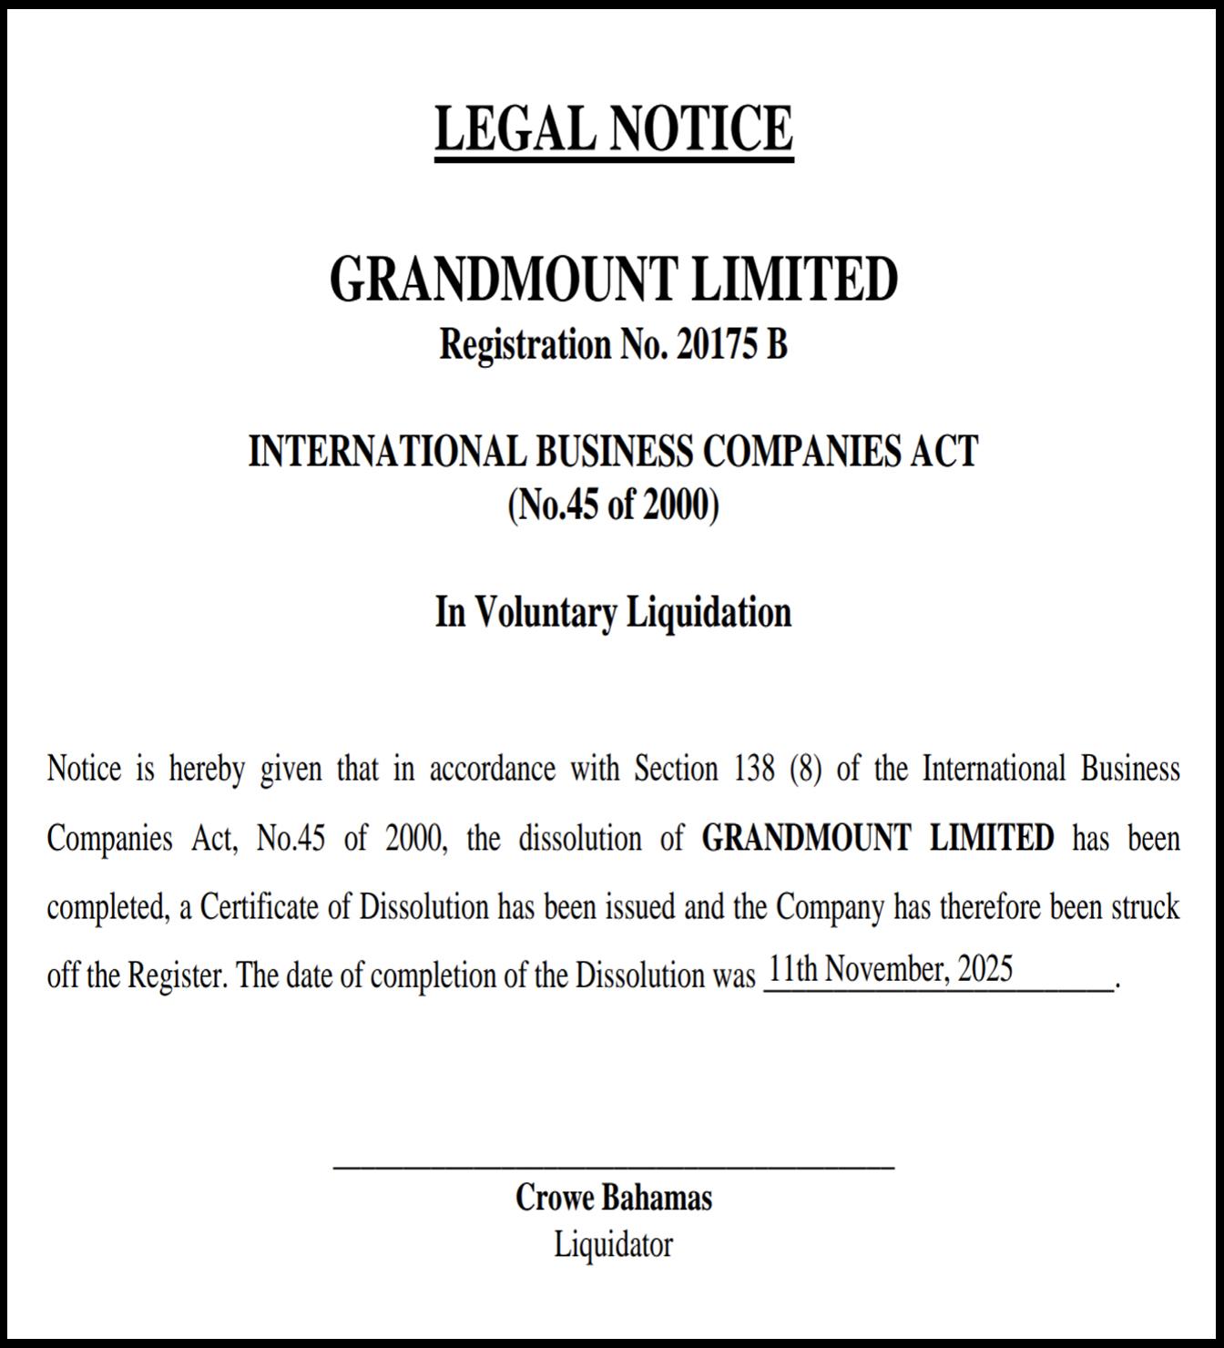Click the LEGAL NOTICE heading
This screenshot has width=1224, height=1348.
point(613,128)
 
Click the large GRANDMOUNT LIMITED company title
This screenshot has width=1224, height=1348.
point(613,279)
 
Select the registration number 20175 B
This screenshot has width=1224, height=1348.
point(731,345)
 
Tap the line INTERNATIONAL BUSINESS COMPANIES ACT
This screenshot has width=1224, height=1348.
point(613,452)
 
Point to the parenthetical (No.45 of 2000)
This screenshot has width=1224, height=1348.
point(613,505)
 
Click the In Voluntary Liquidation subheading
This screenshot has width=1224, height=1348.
point(613,612)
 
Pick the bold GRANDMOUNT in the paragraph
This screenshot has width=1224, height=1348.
point(806,838)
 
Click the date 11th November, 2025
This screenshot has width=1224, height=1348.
point(890,969)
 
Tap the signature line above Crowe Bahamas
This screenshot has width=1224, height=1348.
point(613,1166)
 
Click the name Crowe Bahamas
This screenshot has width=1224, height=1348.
point(613,1198)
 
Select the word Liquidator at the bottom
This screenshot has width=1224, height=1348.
point(613,1244)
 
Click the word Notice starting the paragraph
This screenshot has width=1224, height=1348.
point(84,770)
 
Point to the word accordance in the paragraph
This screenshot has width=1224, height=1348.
point(492,770)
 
